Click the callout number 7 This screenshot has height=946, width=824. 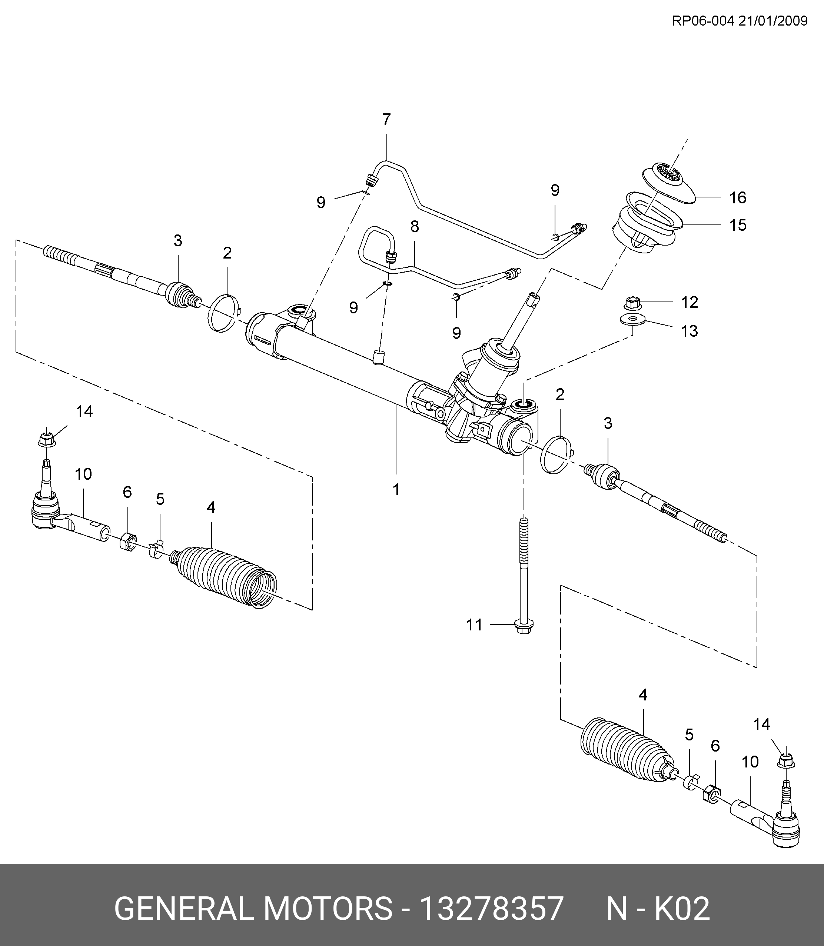(x=386, y=120)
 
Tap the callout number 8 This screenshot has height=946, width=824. (x=414, y=226)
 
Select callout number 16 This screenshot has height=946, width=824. (x=738, y=198)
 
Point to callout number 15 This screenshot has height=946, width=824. (x=738, y=225)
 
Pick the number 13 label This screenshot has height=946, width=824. (x=689, y=331)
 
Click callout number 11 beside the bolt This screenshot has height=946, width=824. (x=474, y=625)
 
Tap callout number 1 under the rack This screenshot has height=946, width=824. (x=396, y=490)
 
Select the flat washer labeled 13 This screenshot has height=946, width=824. (x=633, y=319)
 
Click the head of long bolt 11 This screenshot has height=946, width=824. (x=522, y=626)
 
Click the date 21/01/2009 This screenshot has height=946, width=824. (x=773, y=21)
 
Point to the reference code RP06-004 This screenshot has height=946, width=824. (x=703, y=21)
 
